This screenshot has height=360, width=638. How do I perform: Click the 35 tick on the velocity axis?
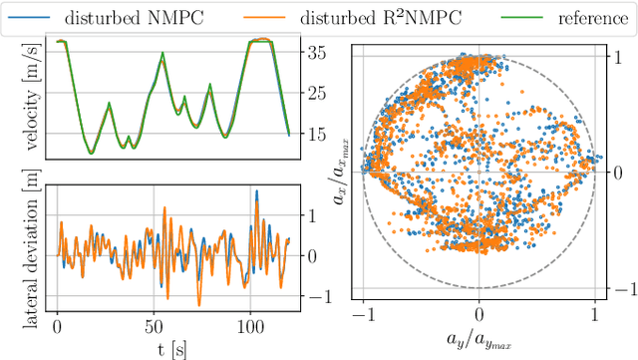pos(318,52)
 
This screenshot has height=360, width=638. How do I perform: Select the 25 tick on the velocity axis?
pos(318,93)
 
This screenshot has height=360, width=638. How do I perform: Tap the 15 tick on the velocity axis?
pos(318,134)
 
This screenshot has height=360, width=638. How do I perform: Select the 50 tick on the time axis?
pos(154,325)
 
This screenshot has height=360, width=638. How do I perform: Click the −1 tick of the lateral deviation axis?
pos(314,297)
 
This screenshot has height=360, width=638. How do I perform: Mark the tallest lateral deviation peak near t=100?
pos(255,191)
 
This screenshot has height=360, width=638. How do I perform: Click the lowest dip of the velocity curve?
pos(91,153)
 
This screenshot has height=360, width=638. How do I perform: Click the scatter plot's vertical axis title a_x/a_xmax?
pos(342,172)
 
